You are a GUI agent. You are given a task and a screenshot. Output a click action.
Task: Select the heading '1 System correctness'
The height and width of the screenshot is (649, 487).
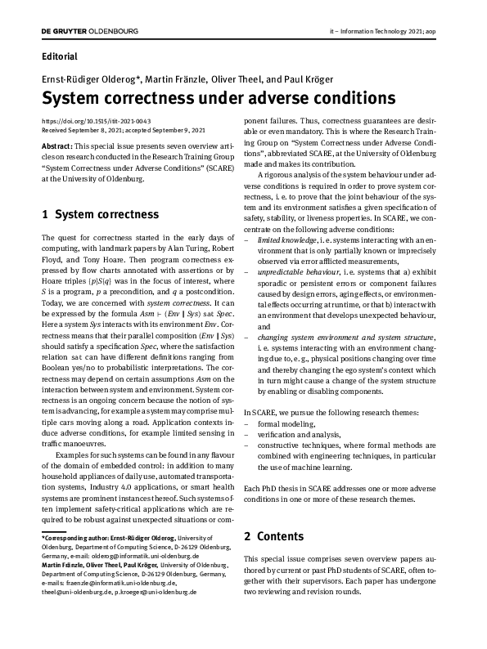pyautogui.click(x=100, y=215)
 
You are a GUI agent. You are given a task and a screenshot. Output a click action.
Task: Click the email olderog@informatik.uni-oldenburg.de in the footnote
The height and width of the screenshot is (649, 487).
pyautogui.click(x=138, y=555)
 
